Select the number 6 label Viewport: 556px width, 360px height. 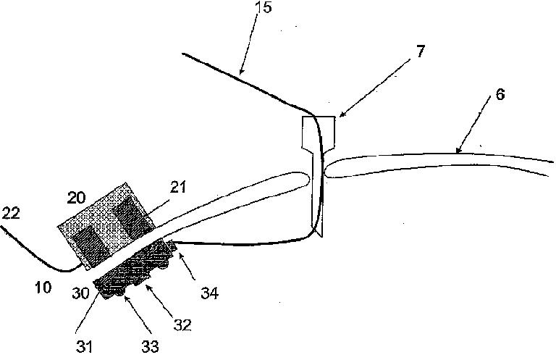[501, 96]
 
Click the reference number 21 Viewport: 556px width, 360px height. [178, 188]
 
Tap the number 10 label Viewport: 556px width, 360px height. [43, 288]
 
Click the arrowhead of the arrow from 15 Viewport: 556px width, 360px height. [240, 75]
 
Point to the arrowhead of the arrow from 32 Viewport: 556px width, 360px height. [148, 287]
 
